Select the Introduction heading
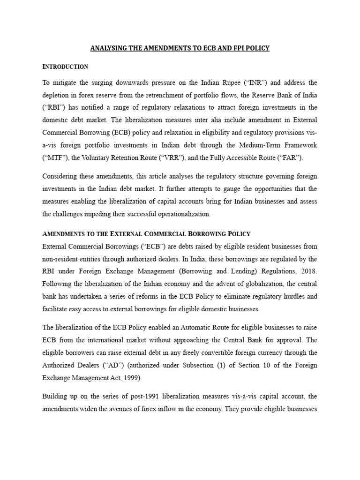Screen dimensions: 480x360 click(x=65, y=67)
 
